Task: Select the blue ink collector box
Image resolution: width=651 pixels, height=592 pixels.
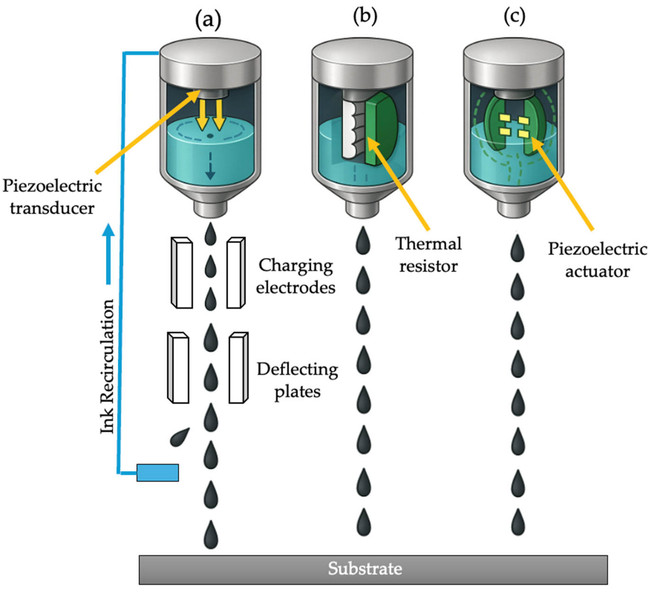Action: point(158,473)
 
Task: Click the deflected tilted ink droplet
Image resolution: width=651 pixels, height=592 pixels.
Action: point(180,437)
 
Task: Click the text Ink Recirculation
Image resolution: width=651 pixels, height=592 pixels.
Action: point(107,366)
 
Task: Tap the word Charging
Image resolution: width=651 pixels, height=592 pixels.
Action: point(295,266)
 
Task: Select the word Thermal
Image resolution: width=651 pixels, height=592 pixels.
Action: point(428,244)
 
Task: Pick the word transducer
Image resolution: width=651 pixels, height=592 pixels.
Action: point(52,208)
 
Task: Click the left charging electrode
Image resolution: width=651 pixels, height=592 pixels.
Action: point(182,273)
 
